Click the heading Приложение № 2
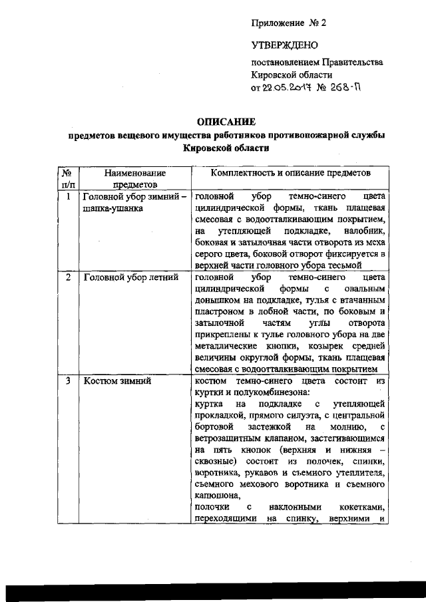pyautogui.click(x=289, y=23)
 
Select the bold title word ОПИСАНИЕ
pyautogui.click(x=227, y=122)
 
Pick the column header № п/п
pyautogui.click(x=67, y=178)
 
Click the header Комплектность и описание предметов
pyautogui.click(x=290, y=173)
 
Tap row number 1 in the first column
pyautogui.click(x=67, y=198)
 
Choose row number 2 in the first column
pyautogui.click(x=67, y=277)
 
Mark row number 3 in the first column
pyautogui.click(x=67, y=381)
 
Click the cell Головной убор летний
pyautogui.click(x=130, y=277)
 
